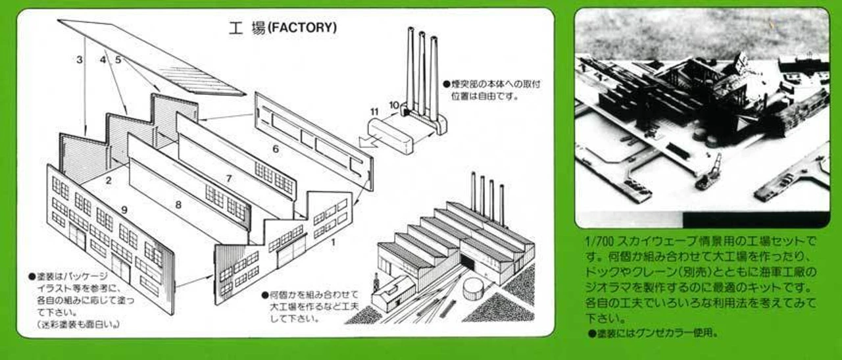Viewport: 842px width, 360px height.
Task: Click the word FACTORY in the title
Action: click(303, 28)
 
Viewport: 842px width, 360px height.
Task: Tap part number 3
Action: click(80, 60)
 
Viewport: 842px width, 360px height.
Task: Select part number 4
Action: click(103, 60)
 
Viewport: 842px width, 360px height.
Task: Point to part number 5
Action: click(118, 60)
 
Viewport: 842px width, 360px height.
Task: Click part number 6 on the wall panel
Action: click(276, 149)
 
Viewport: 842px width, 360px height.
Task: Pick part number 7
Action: click(229, 178)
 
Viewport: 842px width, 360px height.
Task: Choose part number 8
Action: click(178, 205)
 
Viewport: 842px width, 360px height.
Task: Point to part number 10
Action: click(393, 105)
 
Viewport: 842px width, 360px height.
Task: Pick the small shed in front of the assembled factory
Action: click(393, 294)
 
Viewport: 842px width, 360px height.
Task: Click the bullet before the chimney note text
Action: click(446, 84)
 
